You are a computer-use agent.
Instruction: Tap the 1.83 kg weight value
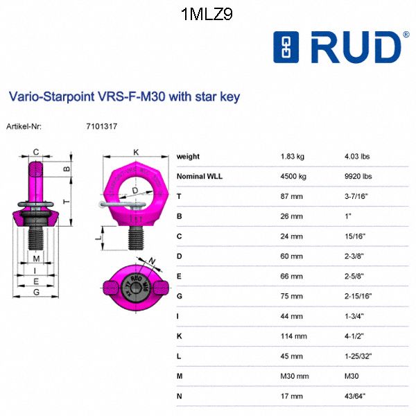[293, 157]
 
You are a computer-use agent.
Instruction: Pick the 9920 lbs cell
[358, 176]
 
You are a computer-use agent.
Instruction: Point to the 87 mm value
[292, 196]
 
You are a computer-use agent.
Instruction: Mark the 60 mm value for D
[292, 257]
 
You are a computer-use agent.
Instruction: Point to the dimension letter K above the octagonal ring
[136, 151]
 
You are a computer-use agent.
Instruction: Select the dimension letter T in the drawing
[65, 200]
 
